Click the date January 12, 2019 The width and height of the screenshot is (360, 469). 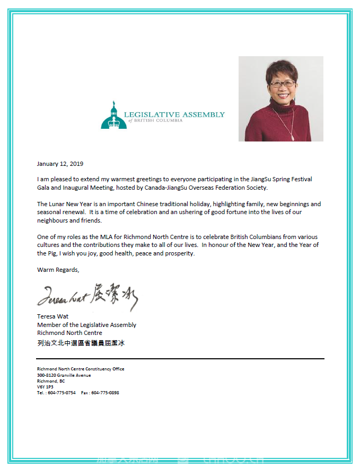coord(60,164)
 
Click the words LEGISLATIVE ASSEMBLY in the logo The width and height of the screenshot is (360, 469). coord(174,114)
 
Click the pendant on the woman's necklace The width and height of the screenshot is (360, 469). coord(293,137)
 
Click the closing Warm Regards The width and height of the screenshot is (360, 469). coord(58,270)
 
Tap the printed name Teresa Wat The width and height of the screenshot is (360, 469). coord(52,317)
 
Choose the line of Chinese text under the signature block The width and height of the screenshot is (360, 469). coord(81,343)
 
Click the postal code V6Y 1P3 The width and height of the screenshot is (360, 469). coord(45,387)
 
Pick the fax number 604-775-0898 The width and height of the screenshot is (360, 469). coord(105,393)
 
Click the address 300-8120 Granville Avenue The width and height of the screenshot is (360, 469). coord(64,375)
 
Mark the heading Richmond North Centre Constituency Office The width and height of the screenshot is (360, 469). coord(81,369)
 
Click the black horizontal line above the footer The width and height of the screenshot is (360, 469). coord(180,359)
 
